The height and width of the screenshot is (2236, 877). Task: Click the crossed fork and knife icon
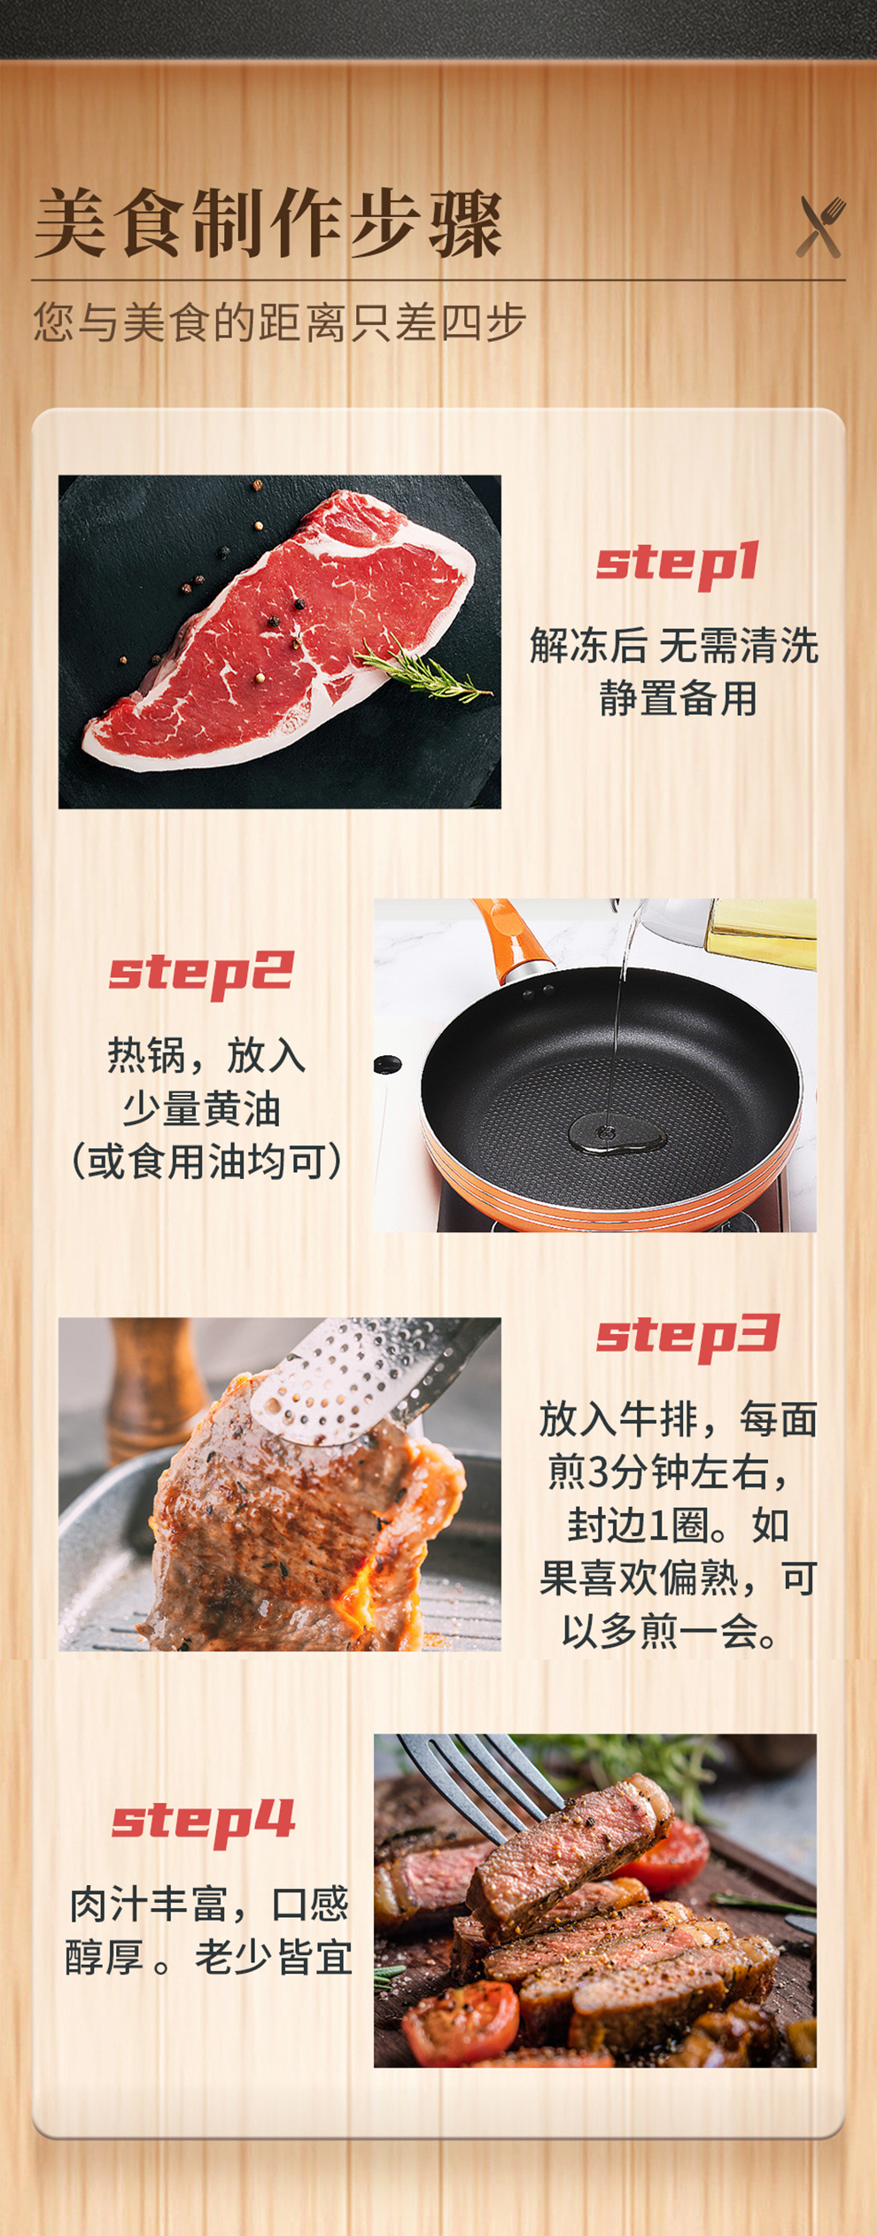pyautogui.click(x=820, y=227)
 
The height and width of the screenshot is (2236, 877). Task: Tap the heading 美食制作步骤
pyautogui.click(x=268, y=223)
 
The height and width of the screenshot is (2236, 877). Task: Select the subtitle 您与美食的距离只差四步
pyautogui.click(x=280, y=322)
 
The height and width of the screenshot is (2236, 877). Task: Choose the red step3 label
pyautogui.click(x=687, y=1337)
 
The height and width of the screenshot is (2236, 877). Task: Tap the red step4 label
pyautogui.click(x=203, y=1821)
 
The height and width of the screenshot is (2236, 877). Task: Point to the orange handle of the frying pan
pyautogui.click(x=511, y=937)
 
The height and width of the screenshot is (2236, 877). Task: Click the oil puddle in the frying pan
pyautogui.click(x=617, y=1133)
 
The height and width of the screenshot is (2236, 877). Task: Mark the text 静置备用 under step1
pyautogui.click(x=679, y=698)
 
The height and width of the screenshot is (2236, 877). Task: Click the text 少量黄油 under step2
pyautogui.click(x=202, y=1108)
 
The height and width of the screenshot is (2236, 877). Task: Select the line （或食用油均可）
pyautogui.click(x=206, y=1161)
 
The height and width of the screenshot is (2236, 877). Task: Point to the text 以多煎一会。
pyautogui.click(x=671, y=1631)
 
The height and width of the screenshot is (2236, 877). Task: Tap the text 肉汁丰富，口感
pyautogui.click(x=209, y=1904)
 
